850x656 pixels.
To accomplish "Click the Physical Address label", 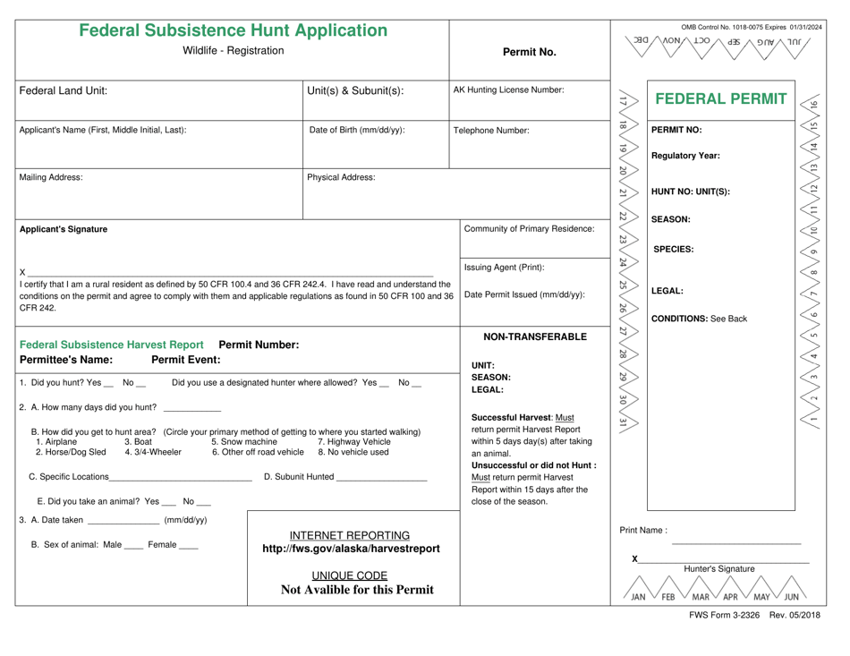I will pos(344,177).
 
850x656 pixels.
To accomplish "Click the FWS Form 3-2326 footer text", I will pos(755,615).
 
